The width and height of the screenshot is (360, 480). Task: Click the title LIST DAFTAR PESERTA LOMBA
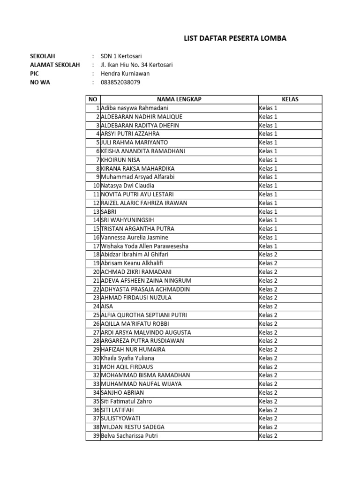pyautogui.click(x=235, y=38)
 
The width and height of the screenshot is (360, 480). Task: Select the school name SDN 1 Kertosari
pyautogui.click(x=122, y=56)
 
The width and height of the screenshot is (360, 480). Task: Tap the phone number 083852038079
pyautogui.click(x=120, y=82)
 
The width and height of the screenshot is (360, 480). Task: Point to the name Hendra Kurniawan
pyautogui.click(x=125, y=74)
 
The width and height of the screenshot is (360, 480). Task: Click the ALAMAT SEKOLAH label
pyautogui.click(x=55, y=65)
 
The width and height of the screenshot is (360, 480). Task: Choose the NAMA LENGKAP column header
pyautogui.click(x=179, y=99)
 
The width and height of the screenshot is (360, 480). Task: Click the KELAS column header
pyautogui.click(x=290, y=99)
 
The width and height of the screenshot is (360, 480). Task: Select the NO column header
pyautogui.click(x=93, y=99)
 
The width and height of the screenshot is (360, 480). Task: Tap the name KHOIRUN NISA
pyautogui.click(x=120, y=160)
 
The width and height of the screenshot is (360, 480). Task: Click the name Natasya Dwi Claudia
pyautogui.click(x=127, y=186)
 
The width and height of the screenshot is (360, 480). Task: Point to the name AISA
pyautogui.click(x=107, y=306)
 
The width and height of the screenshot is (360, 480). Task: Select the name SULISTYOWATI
pyautogui.click(x=120, y=418)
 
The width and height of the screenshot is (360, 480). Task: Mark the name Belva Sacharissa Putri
pyautogui.click(x=129, y=435)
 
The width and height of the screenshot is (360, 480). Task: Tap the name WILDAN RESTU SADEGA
pyautogui.click(x=133, y=427)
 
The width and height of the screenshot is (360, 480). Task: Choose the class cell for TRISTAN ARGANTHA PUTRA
pyautogui.click(x=269, y=229)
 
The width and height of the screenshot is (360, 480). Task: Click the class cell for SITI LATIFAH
pyautogui.click(x=269, y=410)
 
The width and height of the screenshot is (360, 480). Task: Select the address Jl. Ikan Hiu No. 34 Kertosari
pyautogui.click(x=136, y=65)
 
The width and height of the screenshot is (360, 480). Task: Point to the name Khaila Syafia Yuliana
pyautogui.click(x=127, y=358)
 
